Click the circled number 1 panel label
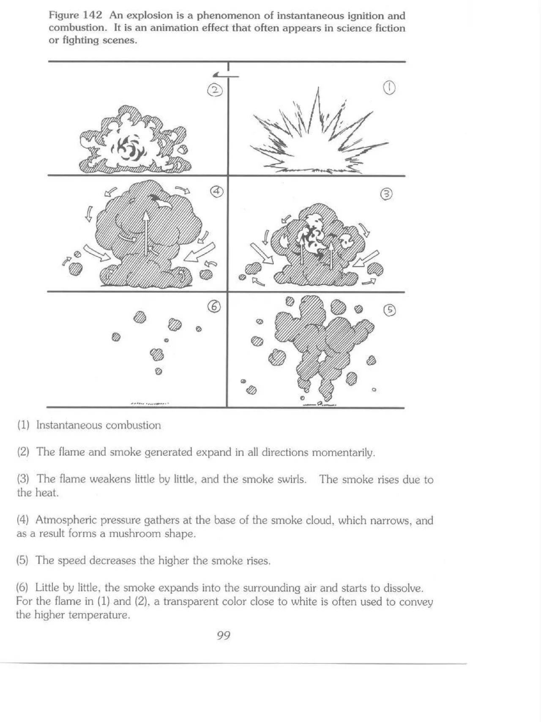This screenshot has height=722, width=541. click(x=389, y=88)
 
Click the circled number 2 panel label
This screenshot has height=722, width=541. click(x=215, y=90)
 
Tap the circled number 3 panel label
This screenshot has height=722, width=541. click(x=386, y=194)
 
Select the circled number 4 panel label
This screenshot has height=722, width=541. click(x=217, y=192)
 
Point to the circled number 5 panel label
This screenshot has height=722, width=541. click(x=389, y=310)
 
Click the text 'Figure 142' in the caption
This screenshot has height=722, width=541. click(x=75, y=16)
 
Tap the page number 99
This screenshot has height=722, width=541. click(x=223, y=635)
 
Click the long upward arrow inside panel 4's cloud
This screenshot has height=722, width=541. click(x=146, y=232)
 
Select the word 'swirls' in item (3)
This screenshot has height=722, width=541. click(x=291, y=480)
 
